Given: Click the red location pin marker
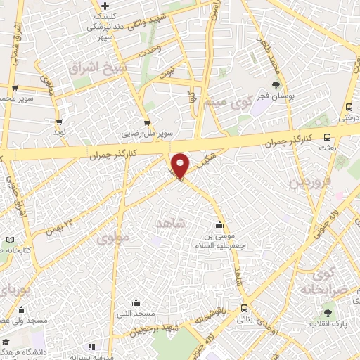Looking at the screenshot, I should (x=181, y=165).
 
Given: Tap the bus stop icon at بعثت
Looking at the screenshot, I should (x=327, y=138).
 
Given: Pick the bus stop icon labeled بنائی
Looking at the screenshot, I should (x=244, y=308).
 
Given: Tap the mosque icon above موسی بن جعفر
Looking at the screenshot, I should (x=221, y=225).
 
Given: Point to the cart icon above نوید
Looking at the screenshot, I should (x=59, y=121).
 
